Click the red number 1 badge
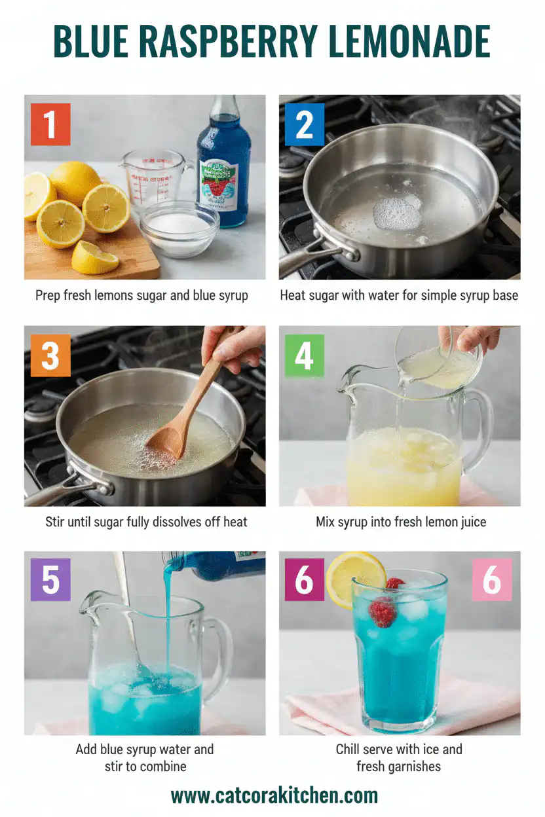[x=50, y=124]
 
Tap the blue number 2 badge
[x=305, y=124]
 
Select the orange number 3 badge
[x=50, y=355]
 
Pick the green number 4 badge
[x=305, y=355]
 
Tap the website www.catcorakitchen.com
[x=274, y=795]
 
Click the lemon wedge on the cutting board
[x=94, y=258]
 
